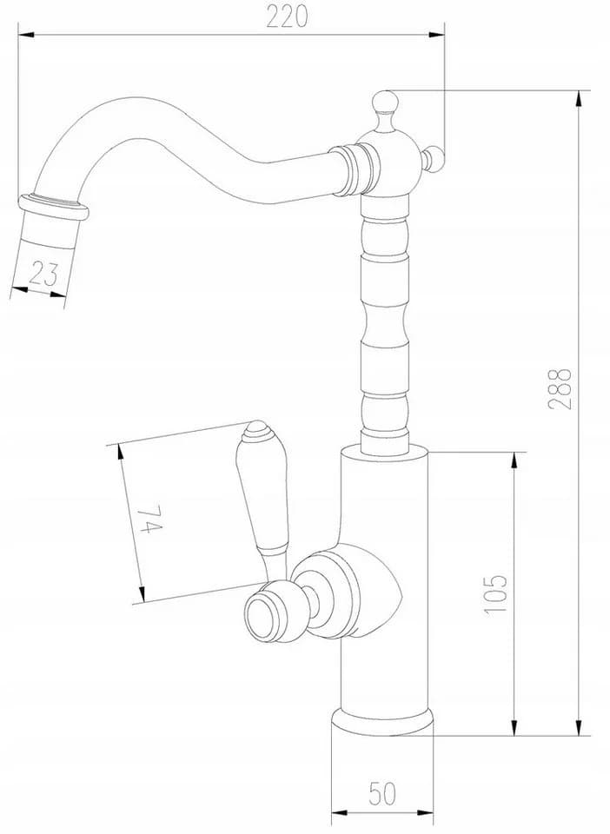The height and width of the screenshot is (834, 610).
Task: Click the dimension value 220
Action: click(287, 17)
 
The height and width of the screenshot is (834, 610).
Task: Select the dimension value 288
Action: click(560, 389)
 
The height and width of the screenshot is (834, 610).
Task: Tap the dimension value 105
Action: click(496, 593)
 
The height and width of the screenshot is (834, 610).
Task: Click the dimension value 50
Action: click(381, 794)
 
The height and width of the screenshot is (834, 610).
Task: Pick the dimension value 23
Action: click(43, 274)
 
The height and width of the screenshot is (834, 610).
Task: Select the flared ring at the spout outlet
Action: click(53, 208)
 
